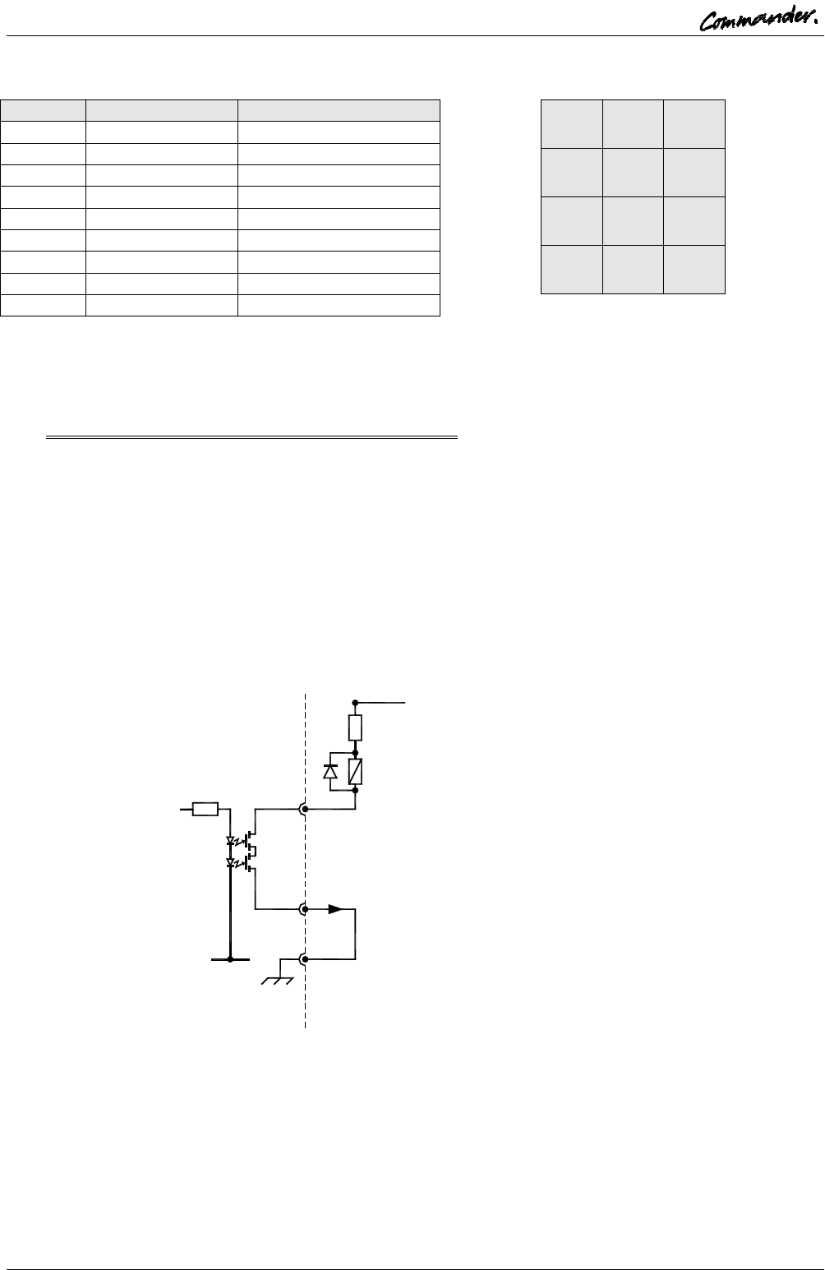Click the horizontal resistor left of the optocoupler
point(205,810)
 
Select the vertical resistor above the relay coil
point(355,727)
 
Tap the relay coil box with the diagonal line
point(355,771)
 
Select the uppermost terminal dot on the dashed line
point(305,810)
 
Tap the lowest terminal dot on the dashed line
point(305,958)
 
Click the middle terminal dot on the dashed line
point(305,909)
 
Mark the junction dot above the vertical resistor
point(355,703)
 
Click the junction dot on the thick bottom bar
point(230,958)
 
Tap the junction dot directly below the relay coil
point(355,789)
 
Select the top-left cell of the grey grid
point(572,123)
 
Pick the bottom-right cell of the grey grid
point(695,269)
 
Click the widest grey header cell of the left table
point(339,111)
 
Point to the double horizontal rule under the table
point(251,437)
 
